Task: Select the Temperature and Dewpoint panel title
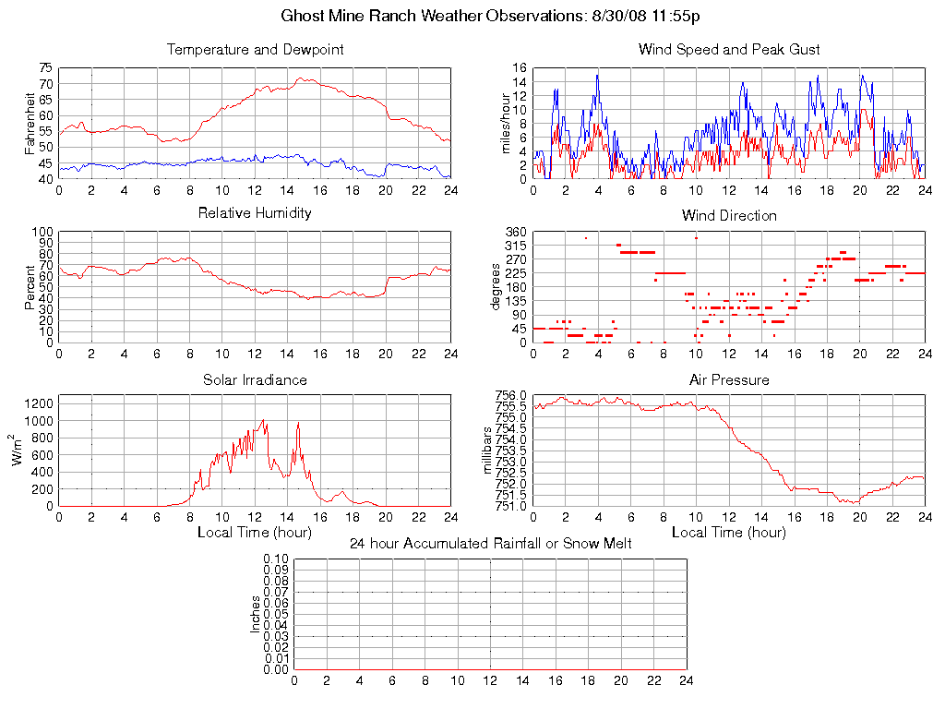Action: click(x=255, y=50)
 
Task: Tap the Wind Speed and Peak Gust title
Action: click(x=729, y=50)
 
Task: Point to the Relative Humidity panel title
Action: click(x=255, y=213)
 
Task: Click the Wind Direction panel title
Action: click(x=729, y=216)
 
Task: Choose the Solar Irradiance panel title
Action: click(x=255, y=379)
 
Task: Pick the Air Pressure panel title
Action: click(x=729, y=379)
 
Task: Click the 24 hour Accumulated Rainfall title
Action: click(x=491, y=544)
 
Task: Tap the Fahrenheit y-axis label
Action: click(x=30, y=124)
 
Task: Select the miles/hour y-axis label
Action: click(x=505, y=124)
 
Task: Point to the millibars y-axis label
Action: click(x=489, y=451)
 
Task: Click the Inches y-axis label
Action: click(x=256, y=614)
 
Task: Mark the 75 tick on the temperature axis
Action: click(x=45, y=68)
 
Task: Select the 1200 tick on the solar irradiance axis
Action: click(x=40, y=403)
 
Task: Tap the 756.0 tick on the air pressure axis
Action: click(x=510, y=395)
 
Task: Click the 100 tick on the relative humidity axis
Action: click(x=42, y=232)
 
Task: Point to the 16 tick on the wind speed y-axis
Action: click(x=520, y=68)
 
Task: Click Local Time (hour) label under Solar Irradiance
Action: click(x=255, y=533)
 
